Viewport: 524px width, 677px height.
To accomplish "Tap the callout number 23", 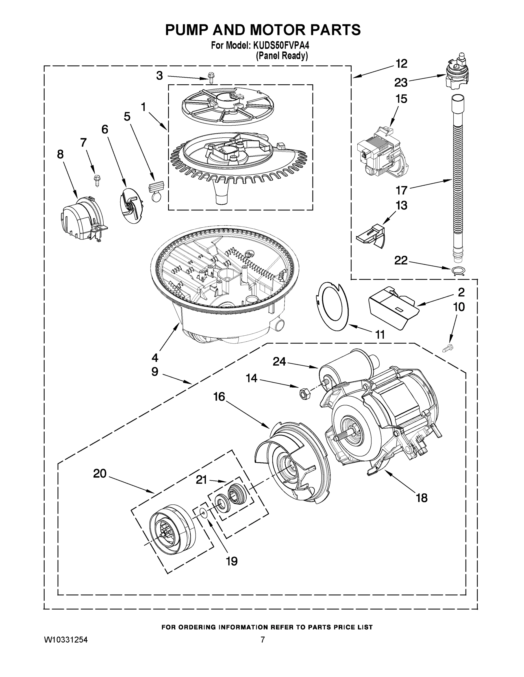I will pyautogui.click(x=401, y=82).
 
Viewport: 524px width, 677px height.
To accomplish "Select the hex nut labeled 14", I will pyautogui.click(x=302, y=394).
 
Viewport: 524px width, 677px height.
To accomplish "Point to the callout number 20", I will pyautogui.click(x=100, y=473).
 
